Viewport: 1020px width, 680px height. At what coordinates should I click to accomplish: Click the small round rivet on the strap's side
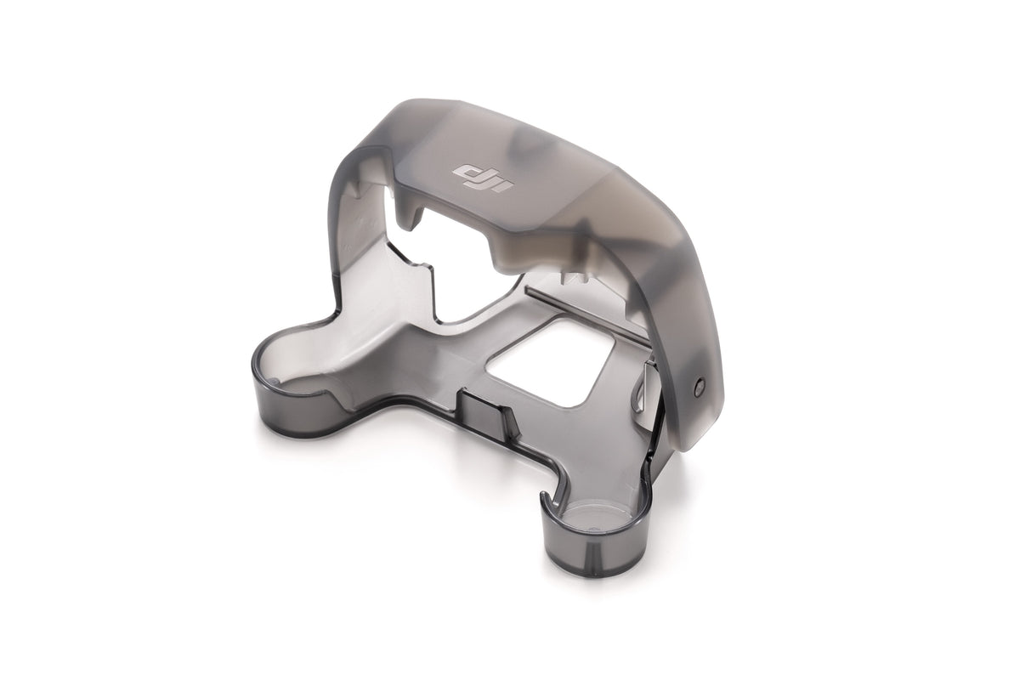[x=697, y=384]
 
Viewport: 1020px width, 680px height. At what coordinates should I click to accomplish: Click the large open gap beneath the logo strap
[x=442, y=255]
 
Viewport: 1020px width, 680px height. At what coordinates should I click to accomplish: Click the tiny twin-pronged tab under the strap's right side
[x=578, y=276]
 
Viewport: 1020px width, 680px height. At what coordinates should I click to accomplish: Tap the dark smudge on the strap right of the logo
[x=544, y=153]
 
